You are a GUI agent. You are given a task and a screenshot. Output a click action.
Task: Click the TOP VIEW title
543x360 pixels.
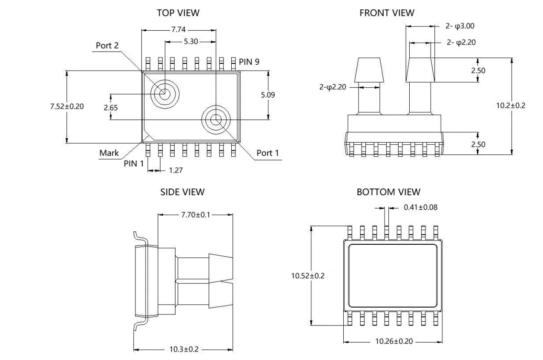[178, 13]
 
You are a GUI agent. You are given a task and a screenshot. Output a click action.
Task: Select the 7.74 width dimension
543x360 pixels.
[178, 30]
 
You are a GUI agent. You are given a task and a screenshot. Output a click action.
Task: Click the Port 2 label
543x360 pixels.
[107, 46]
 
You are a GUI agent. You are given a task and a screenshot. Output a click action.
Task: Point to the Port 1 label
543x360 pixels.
[267, 153]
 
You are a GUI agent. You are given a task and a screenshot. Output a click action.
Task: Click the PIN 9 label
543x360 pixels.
[249, 62]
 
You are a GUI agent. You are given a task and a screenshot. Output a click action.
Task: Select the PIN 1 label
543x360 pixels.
[133, 163]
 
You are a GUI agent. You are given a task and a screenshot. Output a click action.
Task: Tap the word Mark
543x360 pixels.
[109, 153]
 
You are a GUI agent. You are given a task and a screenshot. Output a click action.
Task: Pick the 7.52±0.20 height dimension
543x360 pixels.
[67, 106]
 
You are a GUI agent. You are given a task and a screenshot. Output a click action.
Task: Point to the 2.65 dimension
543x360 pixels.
[111, 108]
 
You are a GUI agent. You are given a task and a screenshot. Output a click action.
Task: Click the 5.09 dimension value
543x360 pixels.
[268, 95]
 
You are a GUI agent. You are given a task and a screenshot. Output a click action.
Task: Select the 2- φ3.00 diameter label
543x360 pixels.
[460, 26]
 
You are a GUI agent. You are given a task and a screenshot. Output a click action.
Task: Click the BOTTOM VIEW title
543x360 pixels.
[388, 192]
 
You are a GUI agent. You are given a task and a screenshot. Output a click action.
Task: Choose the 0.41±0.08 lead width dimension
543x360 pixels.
[420, 208]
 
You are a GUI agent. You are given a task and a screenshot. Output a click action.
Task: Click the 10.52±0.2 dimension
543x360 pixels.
[308, 276]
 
